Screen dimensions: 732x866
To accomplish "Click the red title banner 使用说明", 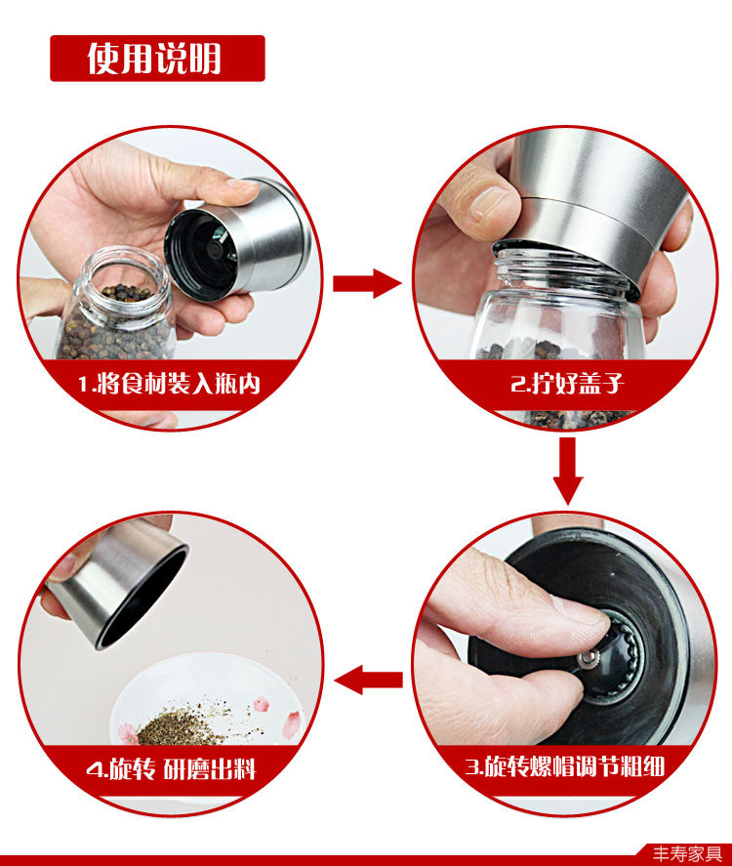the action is tap(157, 58).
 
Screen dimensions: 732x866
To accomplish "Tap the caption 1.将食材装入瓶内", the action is tap(169, 384).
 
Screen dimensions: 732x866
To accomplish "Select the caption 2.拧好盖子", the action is tap(567, 383).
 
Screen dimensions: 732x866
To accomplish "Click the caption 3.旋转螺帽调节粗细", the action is tap(564, 766).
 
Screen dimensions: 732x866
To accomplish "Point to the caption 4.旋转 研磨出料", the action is tap(171, 768).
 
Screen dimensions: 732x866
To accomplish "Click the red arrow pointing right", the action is tap(367, 283).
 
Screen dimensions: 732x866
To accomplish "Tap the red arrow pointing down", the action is tap(567, 471).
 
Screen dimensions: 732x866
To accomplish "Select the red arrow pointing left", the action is tap(368, 680).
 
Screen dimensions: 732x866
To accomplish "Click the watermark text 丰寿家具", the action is tap(687, 854).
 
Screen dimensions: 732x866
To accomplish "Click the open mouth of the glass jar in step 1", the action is tap(123, 282).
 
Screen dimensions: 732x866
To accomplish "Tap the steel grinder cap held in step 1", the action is tap(237, 237).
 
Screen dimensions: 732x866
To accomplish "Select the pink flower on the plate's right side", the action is tap(292, 723).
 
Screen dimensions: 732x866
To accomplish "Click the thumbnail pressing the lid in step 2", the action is tap(488, 202).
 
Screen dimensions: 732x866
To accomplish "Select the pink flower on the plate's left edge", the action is tap(129, 733).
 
